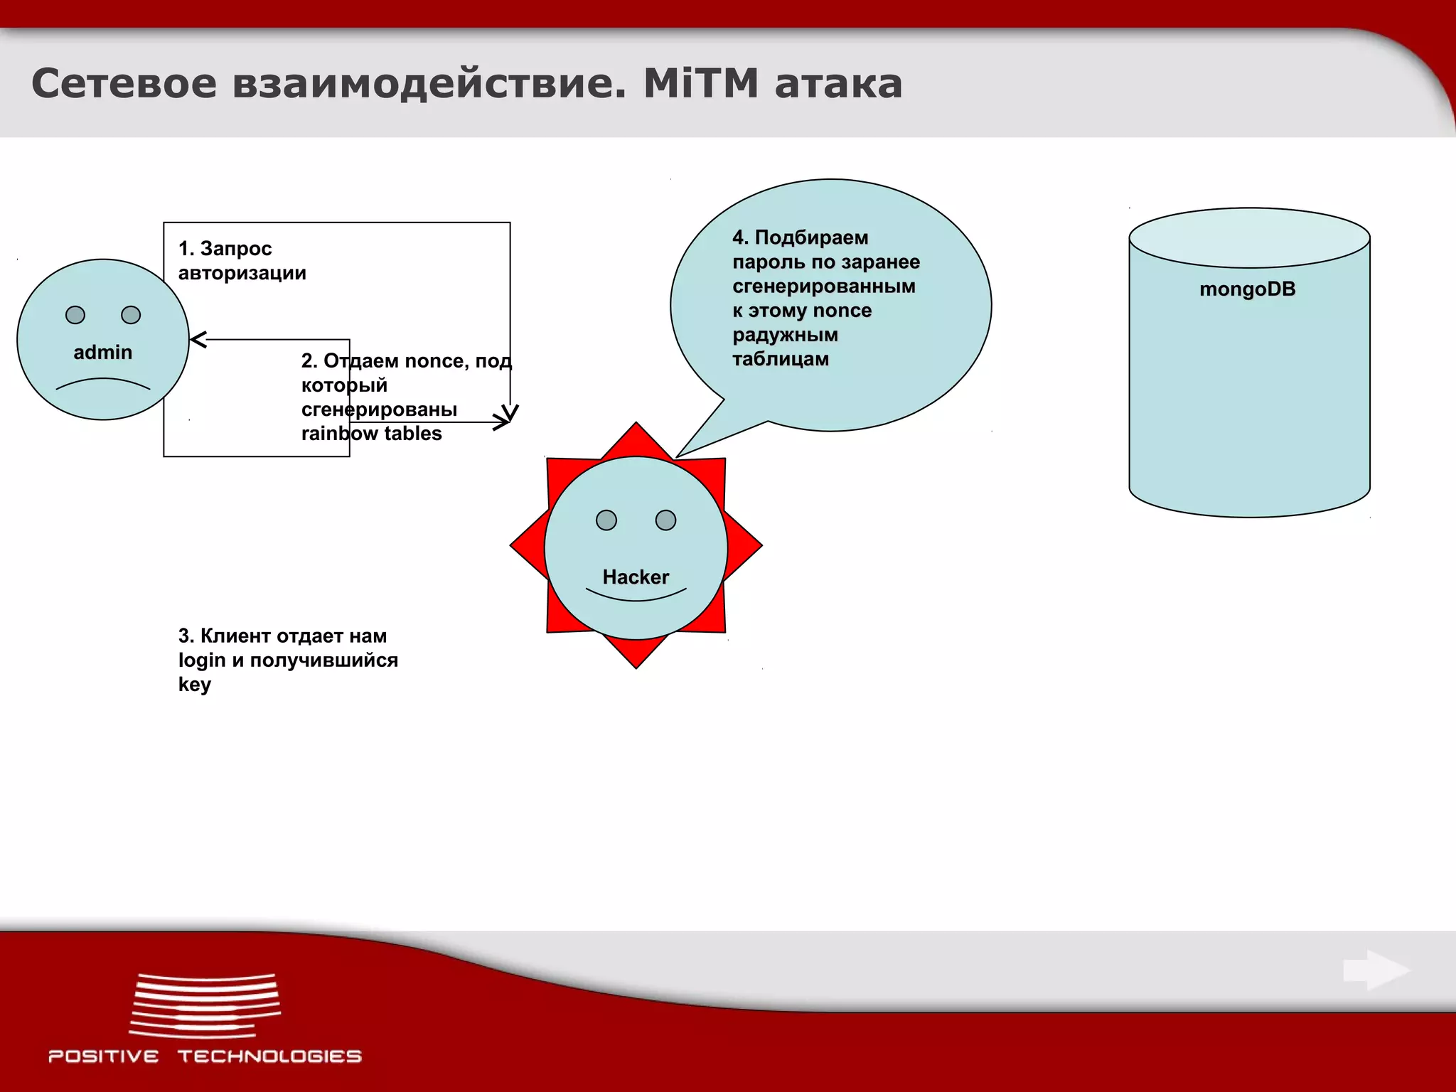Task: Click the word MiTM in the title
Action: point(701,84)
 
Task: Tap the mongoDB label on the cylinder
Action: point(1247,289)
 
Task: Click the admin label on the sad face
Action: point(103,353)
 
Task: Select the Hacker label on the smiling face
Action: point(636,577)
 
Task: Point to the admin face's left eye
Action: point(75,315)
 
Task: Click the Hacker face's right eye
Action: point(665,520)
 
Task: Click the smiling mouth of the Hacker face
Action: point(636,596)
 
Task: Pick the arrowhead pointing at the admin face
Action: point(198,340)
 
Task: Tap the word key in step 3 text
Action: point(194,685)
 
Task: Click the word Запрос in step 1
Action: point(235,249)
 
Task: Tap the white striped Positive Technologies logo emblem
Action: point(205,1005)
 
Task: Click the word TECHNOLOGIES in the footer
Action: point(269,1056)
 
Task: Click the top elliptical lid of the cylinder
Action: point(1249,237)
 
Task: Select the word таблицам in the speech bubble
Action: point(781,359)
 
